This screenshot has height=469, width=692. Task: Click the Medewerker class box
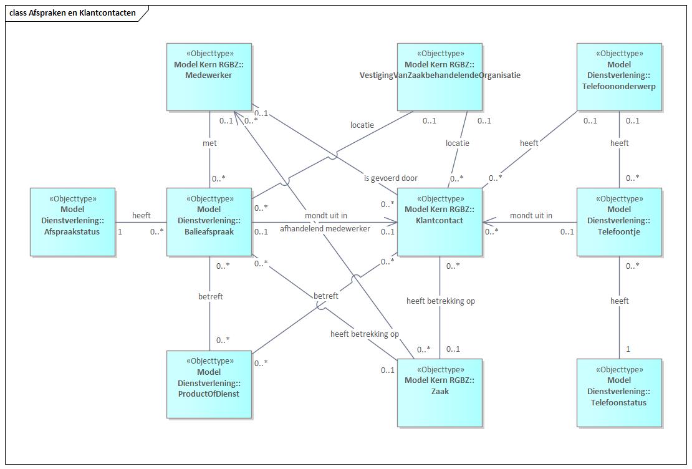pyautogui.click(x=209, y=77)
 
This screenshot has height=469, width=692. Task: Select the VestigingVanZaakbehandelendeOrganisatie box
pyautogui.click(x=440, y=77)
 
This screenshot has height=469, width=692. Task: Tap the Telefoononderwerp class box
pyautogui.click(x=619, y=77)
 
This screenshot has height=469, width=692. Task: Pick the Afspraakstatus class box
pyautogui.click(x=72, y=221)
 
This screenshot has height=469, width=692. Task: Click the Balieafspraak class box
pyautogui.click(x=209, y=221)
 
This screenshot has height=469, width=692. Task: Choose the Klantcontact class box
pyautogui.click(x=440, y=221)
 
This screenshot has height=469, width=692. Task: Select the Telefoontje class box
pyautogui.click(x=619, y=221)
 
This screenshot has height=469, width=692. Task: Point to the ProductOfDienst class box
pyautogui.click(x=209, y=384)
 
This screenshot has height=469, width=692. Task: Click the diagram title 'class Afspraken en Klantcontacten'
pyautogui.click(x=72, y=12)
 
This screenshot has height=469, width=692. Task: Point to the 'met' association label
pyautogui.click(x=209, y=143)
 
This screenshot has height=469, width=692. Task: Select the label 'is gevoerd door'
pyautogui.click(x=391, y=178)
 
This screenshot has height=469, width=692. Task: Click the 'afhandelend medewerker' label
pyautogui.click(x=325, y=228)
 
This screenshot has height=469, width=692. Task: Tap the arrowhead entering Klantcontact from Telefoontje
pyautogui.click(x=486, y=221)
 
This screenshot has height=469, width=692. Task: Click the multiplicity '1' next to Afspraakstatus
pyautogui.click(x=120, y=231)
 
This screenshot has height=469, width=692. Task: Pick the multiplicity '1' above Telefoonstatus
pyautogui.click(x=628, y=349)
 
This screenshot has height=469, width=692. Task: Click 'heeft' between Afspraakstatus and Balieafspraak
pyautogui.click(x=142, y=215)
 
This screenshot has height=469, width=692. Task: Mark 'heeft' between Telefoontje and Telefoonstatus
pyautogui.click(x=620, y=301)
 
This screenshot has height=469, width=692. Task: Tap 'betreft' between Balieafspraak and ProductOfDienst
pyautogui.click(x=211, y=296)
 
